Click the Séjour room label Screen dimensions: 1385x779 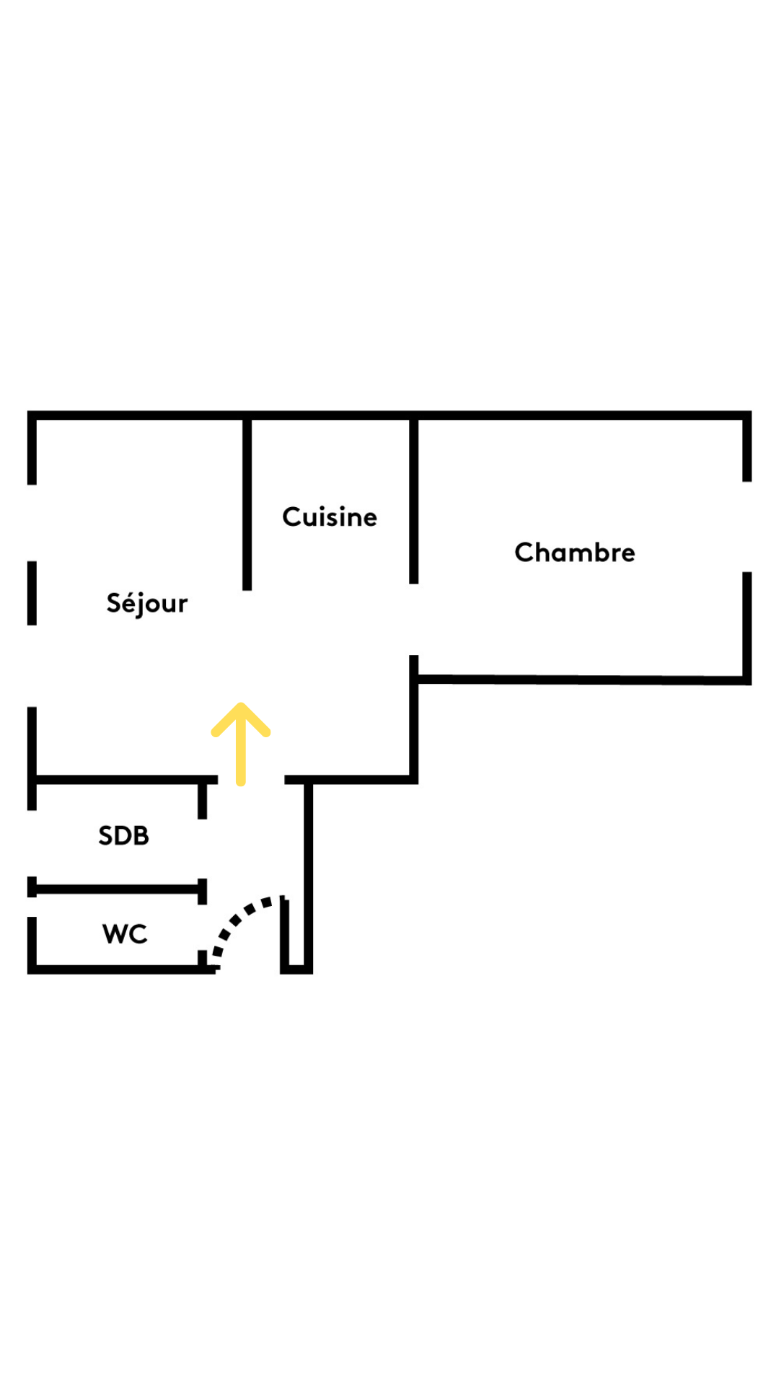[x=147, y=603]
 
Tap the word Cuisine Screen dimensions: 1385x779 [x=330, y=517]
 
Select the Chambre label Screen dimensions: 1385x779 [x=575, y=553]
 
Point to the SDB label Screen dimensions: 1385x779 [x=124, y=835]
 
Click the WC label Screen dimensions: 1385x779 [x=125, y=933]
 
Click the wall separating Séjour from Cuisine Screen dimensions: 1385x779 [x=247, y=505]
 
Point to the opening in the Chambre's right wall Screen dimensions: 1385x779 [x=747, y=527]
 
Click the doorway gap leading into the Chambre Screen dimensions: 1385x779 [x=414, y=619]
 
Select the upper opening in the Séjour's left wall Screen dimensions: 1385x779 [x=32, y=523]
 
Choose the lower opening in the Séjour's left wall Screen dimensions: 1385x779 [x=32, y=666]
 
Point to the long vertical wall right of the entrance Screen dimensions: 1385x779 [x=309, y=876]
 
